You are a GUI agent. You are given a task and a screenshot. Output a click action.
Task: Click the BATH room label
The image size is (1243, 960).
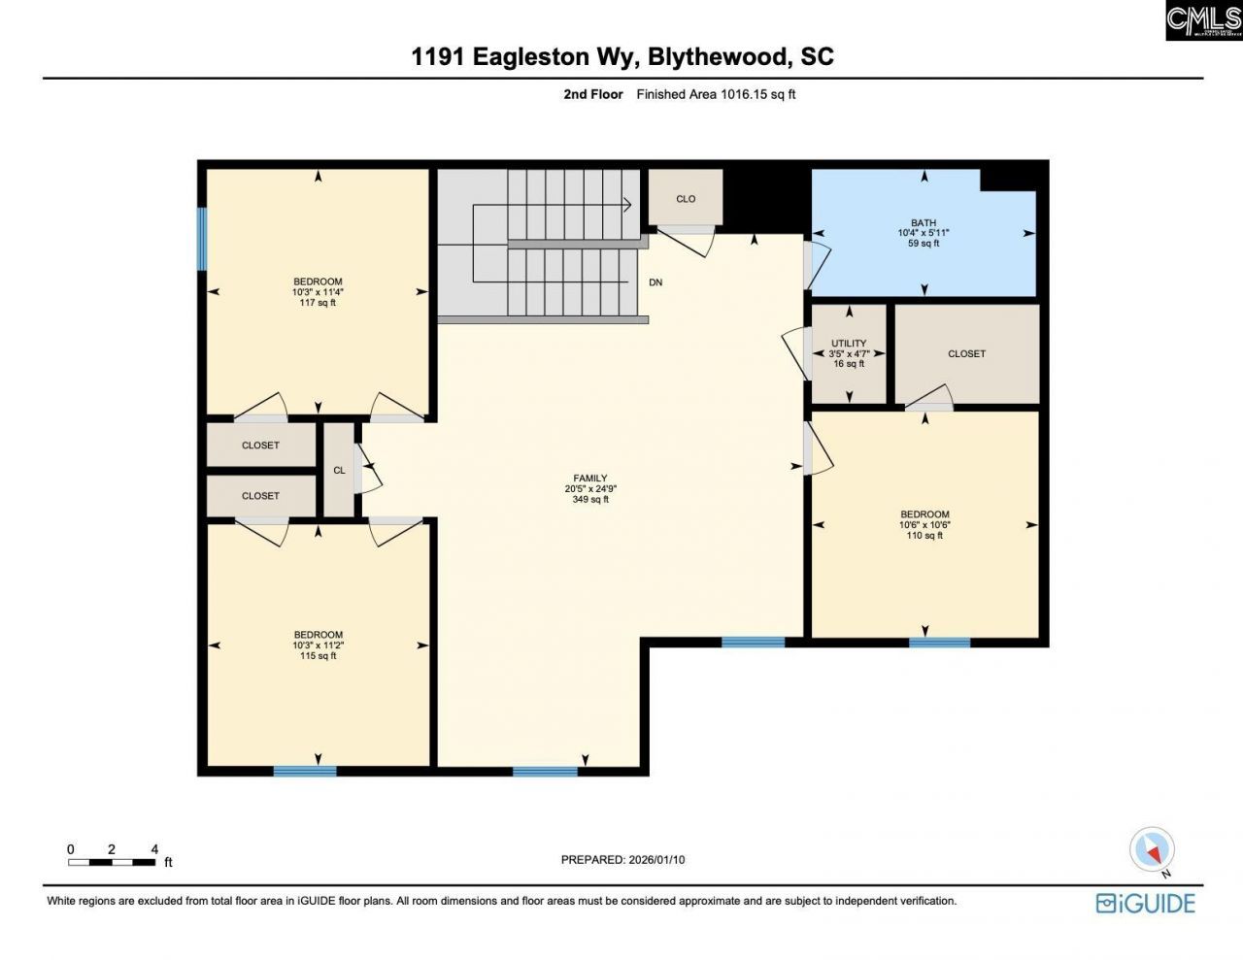924,223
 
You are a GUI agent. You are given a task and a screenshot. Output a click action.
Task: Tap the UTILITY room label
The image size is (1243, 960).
849,344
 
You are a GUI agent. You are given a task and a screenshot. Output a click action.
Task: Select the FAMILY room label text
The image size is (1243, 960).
590,479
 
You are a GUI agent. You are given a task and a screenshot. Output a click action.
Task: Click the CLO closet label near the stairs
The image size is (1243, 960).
686,199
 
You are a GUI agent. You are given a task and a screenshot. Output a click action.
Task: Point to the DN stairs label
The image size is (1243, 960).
655,282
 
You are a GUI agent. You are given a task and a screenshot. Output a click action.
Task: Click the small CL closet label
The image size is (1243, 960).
339,471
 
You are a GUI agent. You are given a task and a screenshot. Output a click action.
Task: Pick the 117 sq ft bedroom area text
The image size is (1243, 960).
319,303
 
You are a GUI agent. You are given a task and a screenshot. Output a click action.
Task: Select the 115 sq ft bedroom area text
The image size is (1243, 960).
319,656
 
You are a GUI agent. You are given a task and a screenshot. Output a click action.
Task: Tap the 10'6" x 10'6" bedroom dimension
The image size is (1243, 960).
924,525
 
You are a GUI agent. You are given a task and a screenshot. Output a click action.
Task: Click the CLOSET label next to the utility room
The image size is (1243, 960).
966,354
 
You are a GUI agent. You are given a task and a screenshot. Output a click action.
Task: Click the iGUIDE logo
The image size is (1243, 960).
1146,903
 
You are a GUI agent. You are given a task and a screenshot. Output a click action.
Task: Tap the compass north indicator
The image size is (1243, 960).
1153,850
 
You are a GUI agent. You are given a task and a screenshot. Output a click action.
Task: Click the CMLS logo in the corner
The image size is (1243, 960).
1203,20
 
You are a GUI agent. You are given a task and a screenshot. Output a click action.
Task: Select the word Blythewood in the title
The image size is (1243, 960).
717,56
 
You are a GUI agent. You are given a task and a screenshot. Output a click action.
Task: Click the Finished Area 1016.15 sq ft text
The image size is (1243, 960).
716,94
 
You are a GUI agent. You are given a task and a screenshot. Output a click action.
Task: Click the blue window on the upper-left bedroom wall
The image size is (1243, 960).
202,239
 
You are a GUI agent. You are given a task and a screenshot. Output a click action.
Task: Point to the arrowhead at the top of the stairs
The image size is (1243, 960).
627,205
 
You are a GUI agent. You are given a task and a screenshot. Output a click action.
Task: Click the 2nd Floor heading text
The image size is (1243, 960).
593,94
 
